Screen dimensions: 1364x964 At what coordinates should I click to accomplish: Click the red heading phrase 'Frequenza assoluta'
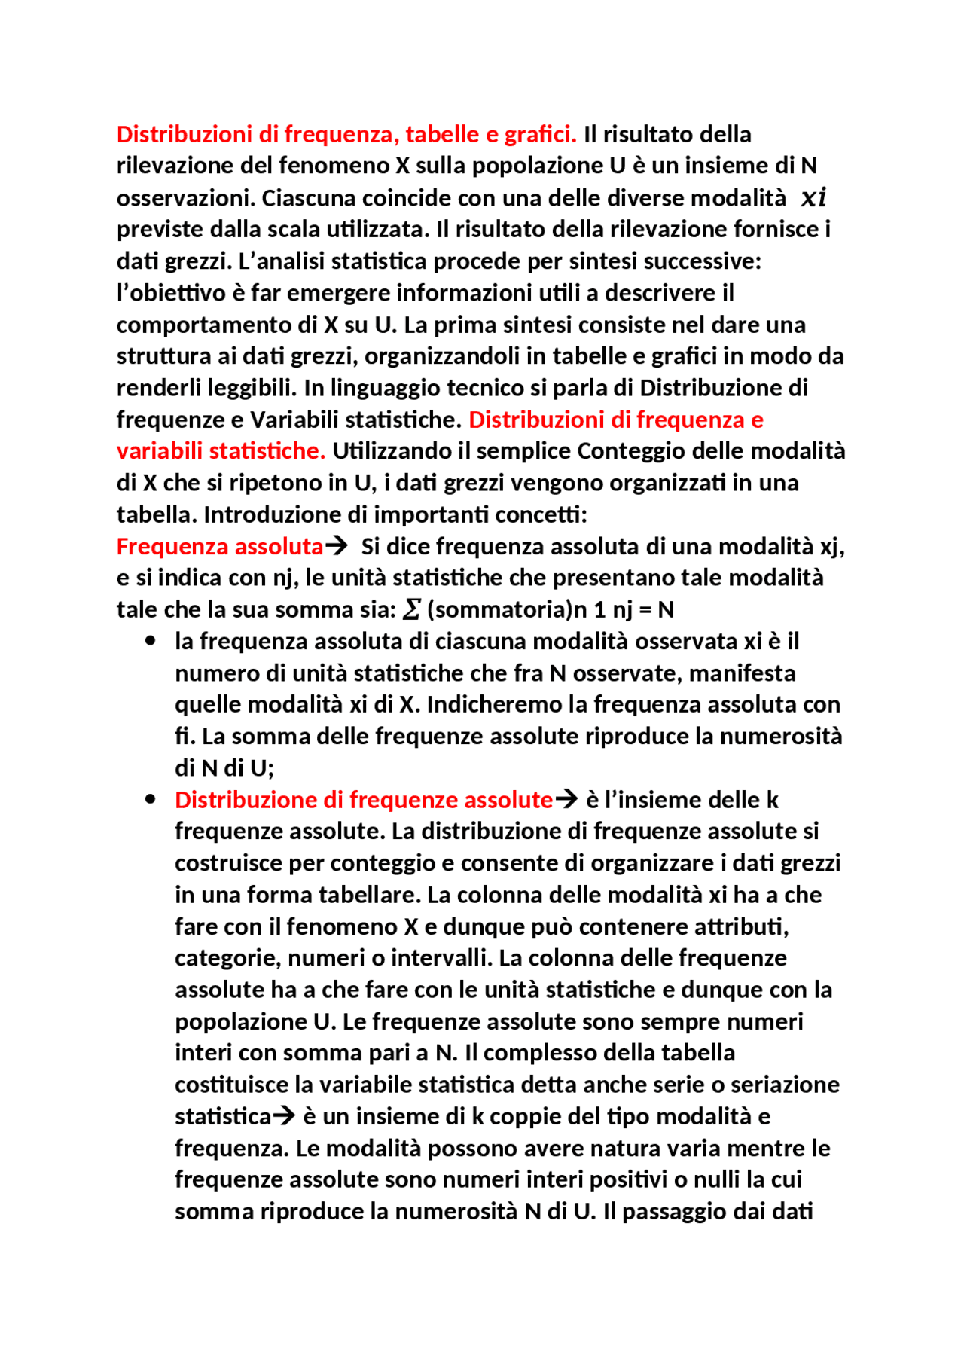219,546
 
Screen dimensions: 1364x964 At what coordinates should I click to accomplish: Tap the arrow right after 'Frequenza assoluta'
337,545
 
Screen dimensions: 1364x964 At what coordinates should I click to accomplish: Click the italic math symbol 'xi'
813,198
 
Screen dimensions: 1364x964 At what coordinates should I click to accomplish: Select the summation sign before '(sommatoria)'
411,609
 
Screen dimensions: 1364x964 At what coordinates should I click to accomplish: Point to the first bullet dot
151,641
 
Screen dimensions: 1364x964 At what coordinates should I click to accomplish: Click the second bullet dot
151,799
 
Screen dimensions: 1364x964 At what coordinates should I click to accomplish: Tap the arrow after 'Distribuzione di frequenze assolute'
566,799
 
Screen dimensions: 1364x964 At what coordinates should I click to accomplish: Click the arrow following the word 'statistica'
284,1115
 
